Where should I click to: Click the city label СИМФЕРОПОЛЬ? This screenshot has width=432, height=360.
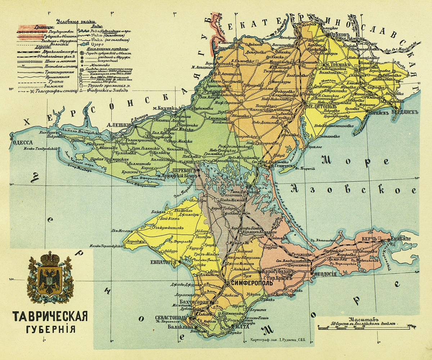click(x=251, y=283)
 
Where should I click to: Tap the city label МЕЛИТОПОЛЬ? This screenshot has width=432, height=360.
click(x=321, y=107)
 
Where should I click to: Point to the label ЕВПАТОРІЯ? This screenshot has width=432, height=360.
click(x=163, y=262)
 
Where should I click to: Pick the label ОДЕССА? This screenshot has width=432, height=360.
click(x=23, y=142)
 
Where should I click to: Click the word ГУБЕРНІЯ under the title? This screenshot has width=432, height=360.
click(x=50, y=329)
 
